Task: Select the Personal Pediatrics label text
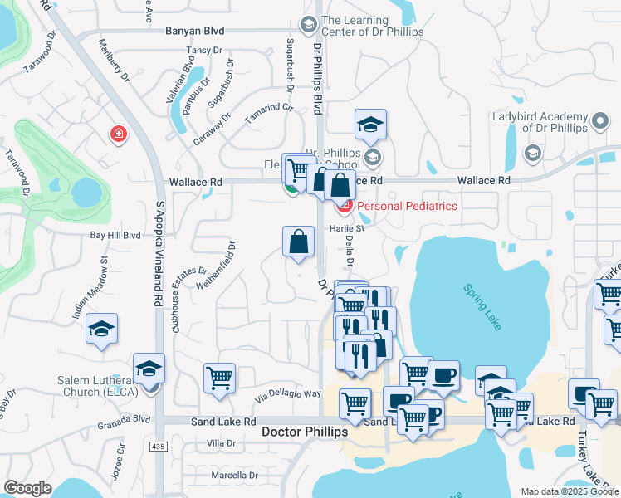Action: [x=407, y=206]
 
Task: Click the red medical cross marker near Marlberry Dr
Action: [x=119, y=134]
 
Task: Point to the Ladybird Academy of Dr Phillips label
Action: [x=540, y=121]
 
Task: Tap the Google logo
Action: [x=27, y=488]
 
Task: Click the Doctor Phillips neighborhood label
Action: [x=305, y=432]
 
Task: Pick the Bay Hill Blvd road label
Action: [x=115, y=236]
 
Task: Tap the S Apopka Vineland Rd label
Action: [x=158, y=254]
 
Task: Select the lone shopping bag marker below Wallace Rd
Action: [x=299, y=242]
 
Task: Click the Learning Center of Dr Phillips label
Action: [x=373, y=26]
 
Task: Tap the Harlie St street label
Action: [x=350, y=227]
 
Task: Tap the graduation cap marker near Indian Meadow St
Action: [x=101, y=329]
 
